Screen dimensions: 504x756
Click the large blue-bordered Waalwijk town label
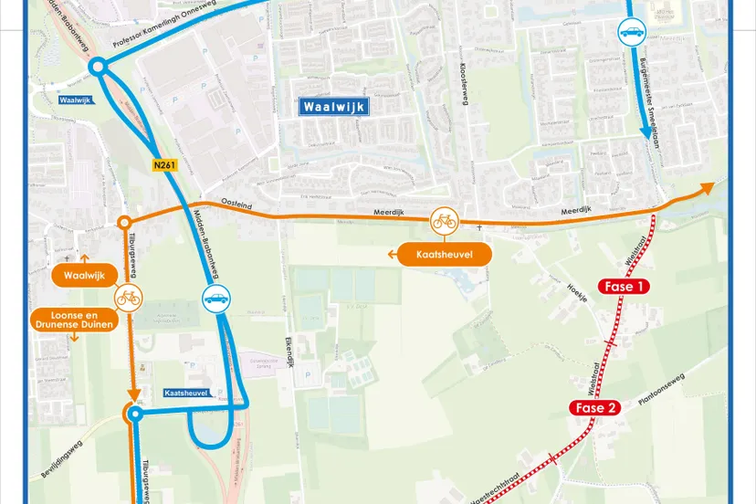tap(334, 107)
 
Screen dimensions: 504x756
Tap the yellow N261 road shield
tap(164, 165)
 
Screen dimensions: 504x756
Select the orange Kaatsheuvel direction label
tap(445, 254)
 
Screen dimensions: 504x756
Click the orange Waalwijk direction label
tap(87, 273)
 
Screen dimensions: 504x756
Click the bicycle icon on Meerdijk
tap(445, 220)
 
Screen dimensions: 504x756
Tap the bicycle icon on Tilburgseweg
tap(128, 298)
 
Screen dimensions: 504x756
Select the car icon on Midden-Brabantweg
tap(216, 299)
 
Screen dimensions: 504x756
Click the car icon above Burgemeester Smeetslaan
tap(632, 33)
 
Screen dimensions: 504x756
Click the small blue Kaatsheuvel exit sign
tap(186, 393)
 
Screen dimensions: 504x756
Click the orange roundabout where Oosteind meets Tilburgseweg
tap(124, 222)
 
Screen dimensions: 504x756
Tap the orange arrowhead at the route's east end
tap(708, 187)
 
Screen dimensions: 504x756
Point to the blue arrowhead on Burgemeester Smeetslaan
tap(646, 133)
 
